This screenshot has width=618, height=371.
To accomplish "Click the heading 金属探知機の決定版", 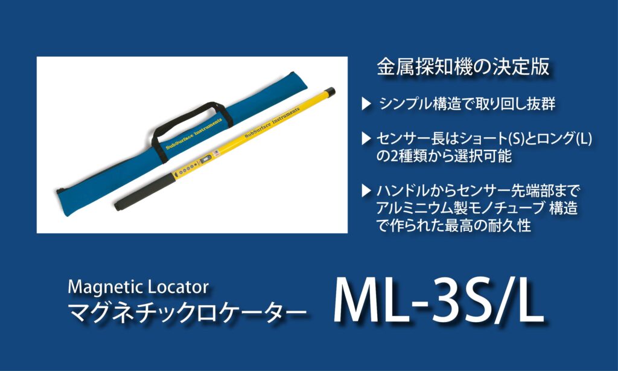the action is pyautogui.click(x=463, y=67).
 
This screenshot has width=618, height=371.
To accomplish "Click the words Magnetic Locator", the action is pyautogui.click(x=138, y=288).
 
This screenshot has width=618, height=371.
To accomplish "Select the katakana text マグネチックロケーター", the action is pyautogui.click(x=187, y=312).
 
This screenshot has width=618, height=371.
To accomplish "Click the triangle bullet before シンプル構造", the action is pyautogui.click(x=366, y=104).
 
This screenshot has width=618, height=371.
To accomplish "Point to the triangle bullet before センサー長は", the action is pyautogui.click(x=366, y=138).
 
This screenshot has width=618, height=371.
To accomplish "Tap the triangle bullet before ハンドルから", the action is pyautogui.click(x=366, y=190).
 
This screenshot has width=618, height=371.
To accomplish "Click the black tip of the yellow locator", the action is pyautogui.click(x=330, y=92).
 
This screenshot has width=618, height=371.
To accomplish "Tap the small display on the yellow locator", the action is pyautogui.click(x=205, y=160).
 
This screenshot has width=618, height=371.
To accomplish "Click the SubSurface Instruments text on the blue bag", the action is pyautogui.click(x=194, y=134).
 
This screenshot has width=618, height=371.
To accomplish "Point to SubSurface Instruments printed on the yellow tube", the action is pyautogui.click(x=272, y=122).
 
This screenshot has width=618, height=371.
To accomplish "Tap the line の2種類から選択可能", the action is pyautogui.click(x=444, y=156).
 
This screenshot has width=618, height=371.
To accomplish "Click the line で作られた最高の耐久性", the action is pyautogui.click(x=453, y=226).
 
